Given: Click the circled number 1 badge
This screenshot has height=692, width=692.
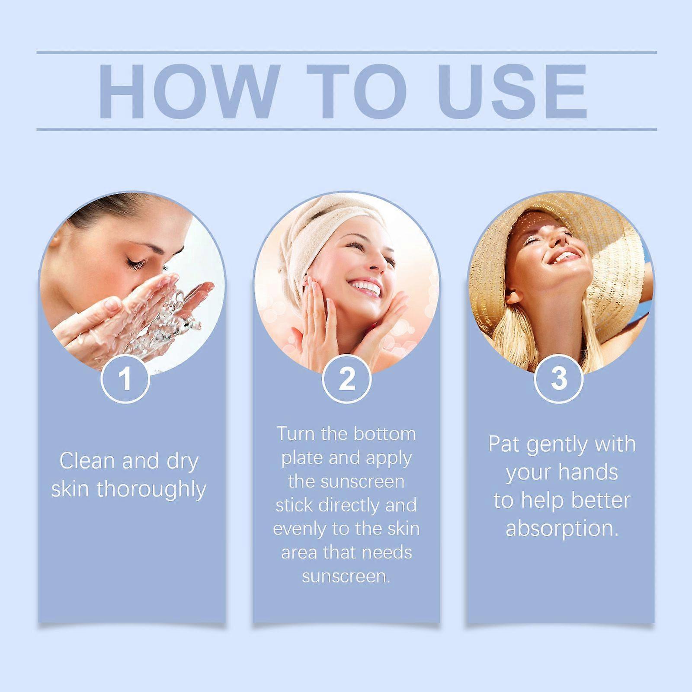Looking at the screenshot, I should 125,379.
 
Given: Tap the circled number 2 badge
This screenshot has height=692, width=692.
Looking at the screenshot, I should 346,379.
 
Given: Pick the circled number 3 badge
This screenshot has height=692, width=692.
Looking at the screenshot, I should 559,378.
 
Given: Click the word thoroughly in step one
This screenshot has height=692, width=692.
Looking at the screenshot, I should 151,490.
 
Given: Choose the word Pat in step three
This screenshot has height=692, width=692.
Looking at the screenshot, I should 503,444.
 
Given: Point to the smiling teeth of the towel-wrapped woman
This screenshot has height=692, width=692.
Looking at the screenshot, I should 364,286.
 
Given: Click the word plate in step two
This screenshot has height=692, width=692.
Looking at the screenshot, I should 301,458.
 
